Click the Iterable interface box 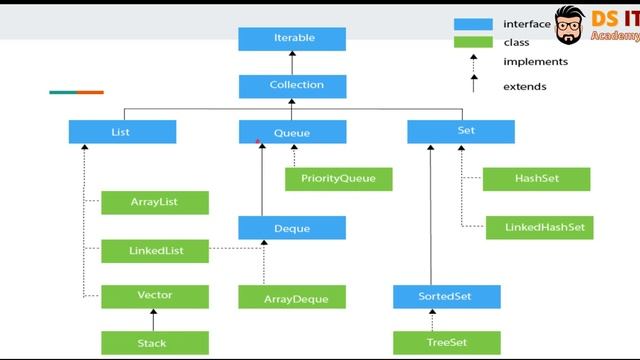[292, 38]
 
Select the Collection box [292, 85]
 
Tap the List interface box [122, 132]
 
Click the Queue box [292, 132]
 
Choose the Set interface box [461, 132]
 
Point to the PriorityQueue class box [338, 179]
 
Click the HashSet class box [536, 179]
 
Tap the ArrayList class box [155, 202]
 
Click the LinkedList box [155, 250]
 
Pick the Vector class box [155, 296]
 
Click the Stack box [155, 343]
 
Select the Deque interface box [292, 228]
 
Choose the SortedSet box [446, 297]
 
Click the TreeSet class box [446, 343]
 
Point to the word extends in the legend [525, 87]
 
